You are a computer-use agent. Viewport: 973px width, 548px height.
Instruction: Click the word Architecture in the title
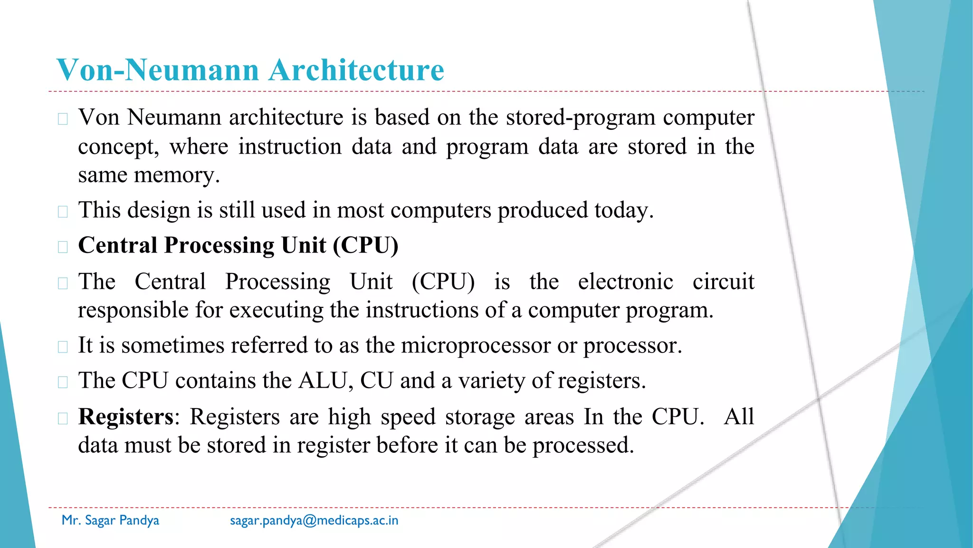[356, 70]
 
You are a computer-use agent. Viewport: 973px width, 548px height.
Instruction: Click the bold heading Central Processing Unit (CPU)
[238, 245]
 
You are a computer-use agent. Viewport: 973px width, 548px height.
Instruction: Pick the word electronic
[625, 282]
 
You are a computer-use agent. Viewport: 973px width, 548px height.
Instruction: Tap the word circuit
[723, 282]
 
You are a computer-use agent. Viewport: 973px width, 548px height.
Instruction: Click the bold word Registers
[126, 417]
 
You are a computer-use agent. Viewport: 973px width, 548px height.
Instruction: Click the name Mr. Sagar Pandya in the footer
[110, 520]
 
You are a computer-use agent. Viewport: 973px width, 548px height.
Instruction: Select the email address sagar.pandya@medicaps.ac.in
[314, 520]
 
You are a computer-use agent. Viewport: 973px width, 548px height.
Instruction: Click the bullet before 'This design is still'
[63, 211]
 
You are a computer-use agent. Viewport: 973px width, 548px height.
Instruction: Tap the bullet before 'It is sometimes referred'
[63, 346]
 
